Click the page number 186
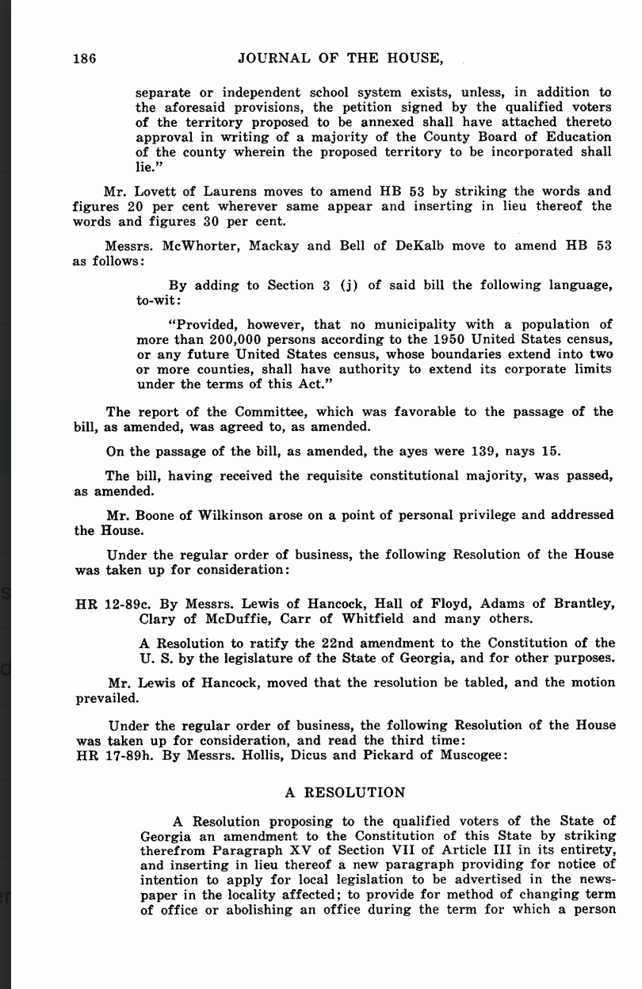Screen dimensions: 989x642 tap(85, 58)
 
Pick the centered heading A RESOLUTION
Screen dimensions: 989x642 tap(345, 792)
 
